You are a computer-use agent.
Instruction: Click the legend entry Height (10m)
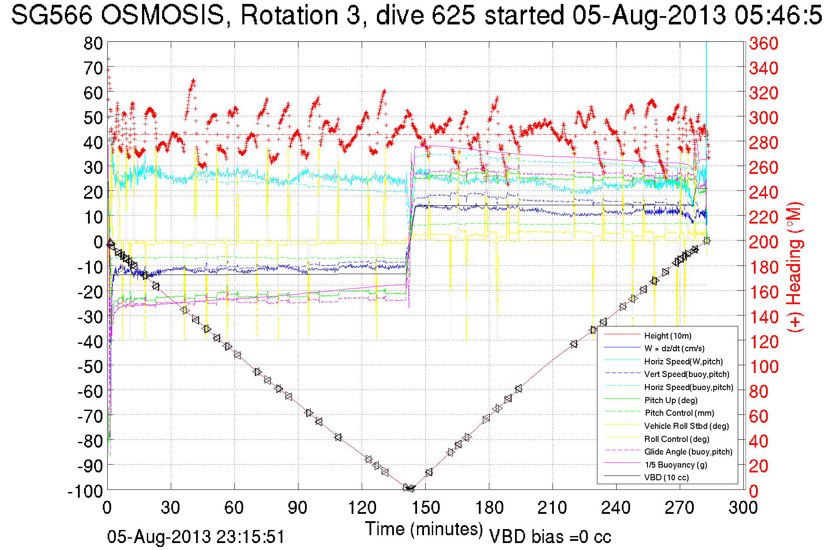(668, 336)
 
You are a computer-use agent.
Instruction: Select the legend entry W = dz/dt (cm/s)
(674, 349)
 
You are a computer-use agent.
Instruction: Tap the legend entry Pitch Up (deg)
(671, 400)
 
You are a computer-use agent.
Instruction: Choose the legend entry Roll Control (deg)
(676, 439)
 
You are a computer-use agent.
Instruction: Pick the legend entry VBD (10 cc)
(666, 478)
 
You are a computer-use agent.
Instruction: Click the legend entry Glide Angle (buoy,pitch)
(688, 452)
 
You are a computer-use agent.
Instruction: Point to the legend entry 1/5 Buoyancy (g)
(675, 465)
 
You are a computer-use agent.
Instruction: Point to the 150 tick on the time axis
(425, 508)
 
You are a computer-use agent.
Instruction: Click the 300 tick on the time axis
(743, 508)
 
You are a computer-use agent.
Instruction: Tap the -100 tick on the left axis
(85, 491)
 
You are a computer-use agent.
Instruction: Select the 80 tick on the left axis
(93, 43)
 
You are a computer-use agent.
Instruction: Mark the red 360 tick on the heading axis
(763, 43)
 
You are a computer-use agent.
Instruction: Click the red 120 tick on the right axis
(763, 342)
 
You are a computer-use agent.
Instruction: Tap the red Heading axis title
(795, 267)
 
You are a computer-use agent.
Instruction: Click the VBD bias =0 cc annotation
(550, 537)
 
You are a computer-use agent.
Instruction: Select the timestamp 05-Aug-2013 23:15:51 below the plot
(196, 537)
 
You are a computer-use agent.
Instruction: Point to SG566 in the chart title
(51, 15)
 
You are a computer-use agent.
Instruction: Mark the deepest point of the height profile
(410, 488)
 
